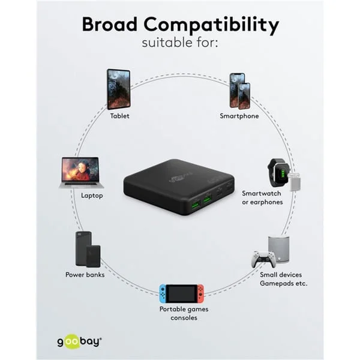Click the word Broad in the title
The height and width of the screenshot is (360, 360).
point(109,24)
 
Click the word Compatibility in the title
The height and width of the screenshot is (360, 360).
point(211,26)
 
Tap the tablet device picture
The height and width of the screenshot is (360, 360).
point(119,89)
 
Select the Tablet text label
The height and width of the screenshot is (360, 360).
point(119,116)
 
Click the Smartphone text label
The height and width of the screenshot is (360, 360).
point(239,116)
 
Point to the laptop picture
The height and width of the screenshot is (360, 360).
point(82,173)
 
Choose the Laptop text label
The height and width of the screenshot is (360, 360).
point(92,196)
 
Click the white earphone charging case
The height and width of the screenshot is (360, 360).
point(295,182)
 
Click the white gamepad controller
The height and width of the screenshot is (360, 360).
point(263,259)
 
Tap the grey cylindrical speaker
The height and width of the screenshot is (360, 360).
point(279,249)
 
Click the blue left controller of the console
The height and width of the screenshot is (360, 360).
point(163,293)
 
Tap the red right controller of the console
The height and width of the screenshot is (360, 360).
point(200,293)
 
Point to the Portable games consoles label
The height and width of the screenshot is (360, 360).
point(184,313)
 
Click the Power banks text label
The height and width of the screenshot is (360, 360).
point(85,275)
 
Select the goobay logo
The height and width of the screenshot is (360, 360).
point(79,341)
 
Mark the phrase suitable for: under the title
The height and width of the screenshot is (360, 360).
point(180,43)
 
